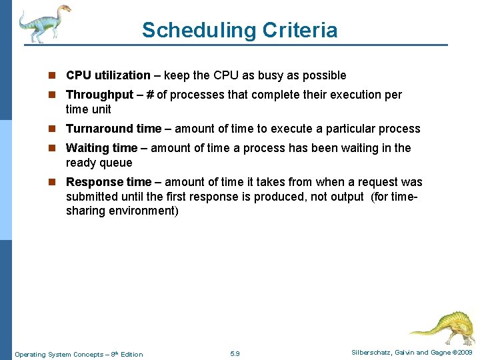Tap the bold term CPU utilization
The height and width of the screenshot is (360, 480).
click(108, 75)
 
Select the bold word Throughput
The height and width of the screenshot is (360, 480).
click(99, 95)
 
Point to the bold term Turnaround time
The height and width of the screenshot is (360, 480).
click(113, 129)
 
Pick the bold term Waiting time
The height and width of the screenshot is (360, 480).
click(101, 148)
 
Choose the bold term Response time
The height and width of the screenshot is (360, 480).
click(108, 182)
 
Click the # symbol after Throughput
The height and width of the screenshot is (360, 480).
click(150, 95)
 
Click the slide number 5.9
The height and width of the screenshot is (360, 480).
click(235, 353)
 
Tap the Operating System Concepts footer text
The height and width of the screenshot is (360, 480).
click(79, 354)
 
